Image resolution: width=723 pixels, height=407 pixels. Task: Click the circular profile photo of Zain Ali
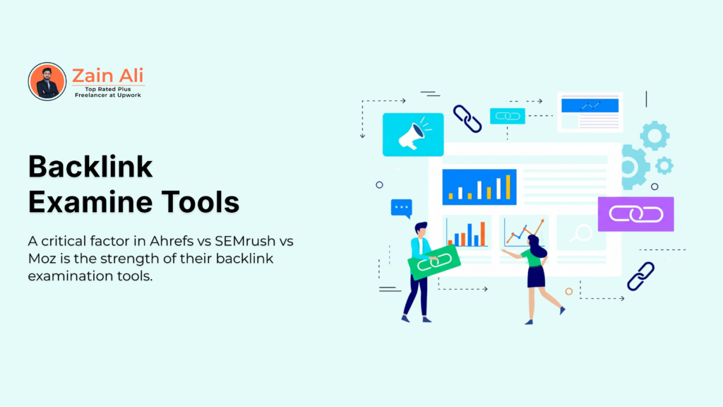(47, 81)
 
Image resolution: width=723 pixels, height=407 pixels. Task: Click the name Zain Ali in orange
(108, 75)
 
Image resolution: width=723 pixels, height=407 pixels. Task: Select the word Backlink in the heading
(90, 167)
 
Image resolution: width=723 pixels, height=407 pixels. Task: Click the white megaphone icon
(412, 134)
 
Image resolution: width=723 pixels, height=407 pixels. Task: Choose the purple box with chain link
(635, 214)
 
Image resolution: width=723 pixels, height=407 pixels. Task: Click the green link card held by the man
(434, 263)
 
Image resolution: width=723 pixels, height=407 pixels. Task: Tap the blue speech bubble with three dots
(401, 208)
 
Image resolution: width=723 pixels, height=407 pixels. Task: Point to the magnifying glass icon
(583, 232)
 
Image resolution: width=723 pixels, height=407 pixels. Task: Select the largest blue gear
(631, 167)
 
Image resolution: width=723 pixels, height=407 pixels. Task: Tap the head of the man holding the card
(421, 229)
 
